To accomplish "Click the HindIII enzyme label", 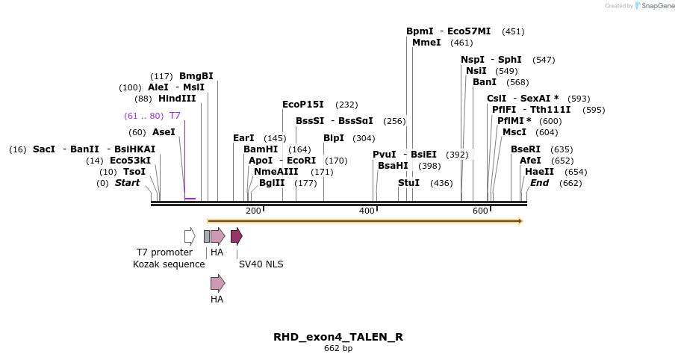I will pyautogui.click(x=177, y=99).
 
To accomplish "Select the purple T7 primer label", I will pyautogui.click(x=175, y=116).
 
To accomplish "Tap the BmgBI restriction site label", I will pyautogui.click(x=196, y=76).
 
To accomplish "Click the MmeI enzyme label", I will pyautogui.click(x=426, y=43).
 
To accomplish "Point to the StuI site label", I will pyautogui.click(x=409, y=183).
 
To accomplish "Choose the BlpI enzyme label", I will pyautogui.click(x=334, y=138).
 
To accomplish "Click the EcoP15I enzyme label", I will pyautogui.click(x=303, y=105).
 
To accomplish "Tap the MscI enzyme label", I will pyautogui.click(x=514, y=132).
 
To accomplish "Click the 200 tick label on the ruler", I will pyautogui.click(x=253, y=211).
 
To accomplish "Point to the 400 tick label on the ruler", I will pyautogui.click(x=367, y=211).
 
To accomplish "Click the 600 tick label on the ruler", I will pyautogui.click(x=480, y=211).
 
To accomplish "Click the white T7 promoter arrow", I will pyautogui.click(x=190, y=237).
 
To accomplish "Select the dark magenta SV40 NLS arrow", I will pyautogui.click(x=236, y=237).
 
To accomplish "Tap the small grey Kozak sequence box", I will pyautogui.click(x=207, y=237).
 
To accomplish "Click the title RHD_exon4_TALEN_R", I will pyautogui.click(x=338, y=337).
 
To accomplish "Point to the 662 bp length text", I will pyautogui.click(x=338, y=349).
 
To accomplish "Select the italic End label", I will pyautogui.click(x=540, y=183).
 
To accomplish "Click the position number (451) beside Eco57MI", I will pyautogui.click(x=513, y=31).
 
